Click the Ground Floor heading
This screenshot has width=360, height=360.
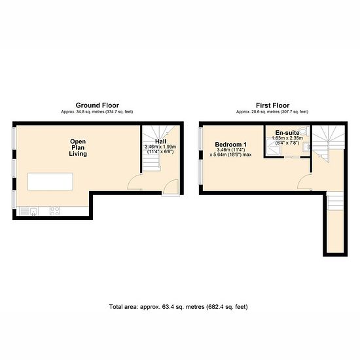click(x=98, y=105)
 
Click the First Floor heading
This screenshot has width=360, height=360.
click(x=272, y=105)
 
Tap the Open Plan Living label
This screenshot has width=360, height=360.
click(x=78, y=148)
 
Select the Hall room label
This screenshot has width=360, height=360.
click(x=161, y=141)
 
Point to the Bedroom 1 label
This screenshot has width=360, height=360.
click(x=231, y=145)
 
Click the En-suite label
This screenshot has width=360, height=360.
click(x=287, y=133)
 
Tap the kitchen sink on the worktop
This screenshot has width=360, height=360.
click(x=33, y=211)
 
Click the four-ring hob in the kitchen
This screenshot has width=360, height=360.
click(x=55, y=211)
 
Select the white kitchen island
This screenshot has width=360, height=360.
click(x=50, y=181)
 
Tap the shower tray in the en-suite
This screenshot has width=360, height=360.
click(x=274, y=147)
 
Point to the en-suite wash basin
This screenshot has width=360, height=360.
click(x=306, y=147)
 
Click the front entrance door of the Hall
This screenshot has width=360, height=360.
click(x=171, y=188)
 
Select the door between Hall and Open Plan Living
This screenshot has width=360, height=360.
click(x=134, y=182)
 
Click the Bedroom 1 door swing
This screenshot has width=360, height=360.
click(x=304, y=182)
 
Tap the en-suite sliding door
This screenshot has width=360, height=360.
click(x=292, y=157)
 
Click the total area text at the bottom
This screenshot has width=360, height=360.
click(x=179, y=307)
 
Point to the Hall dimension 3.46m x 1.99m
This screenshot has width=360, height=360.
click(x=160, y=147)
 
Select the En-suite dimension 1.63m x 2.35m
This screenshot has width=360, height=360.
click(x=287, y=138)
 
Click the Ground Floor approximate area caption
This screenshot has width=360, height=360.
click(x=97, y=112)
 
